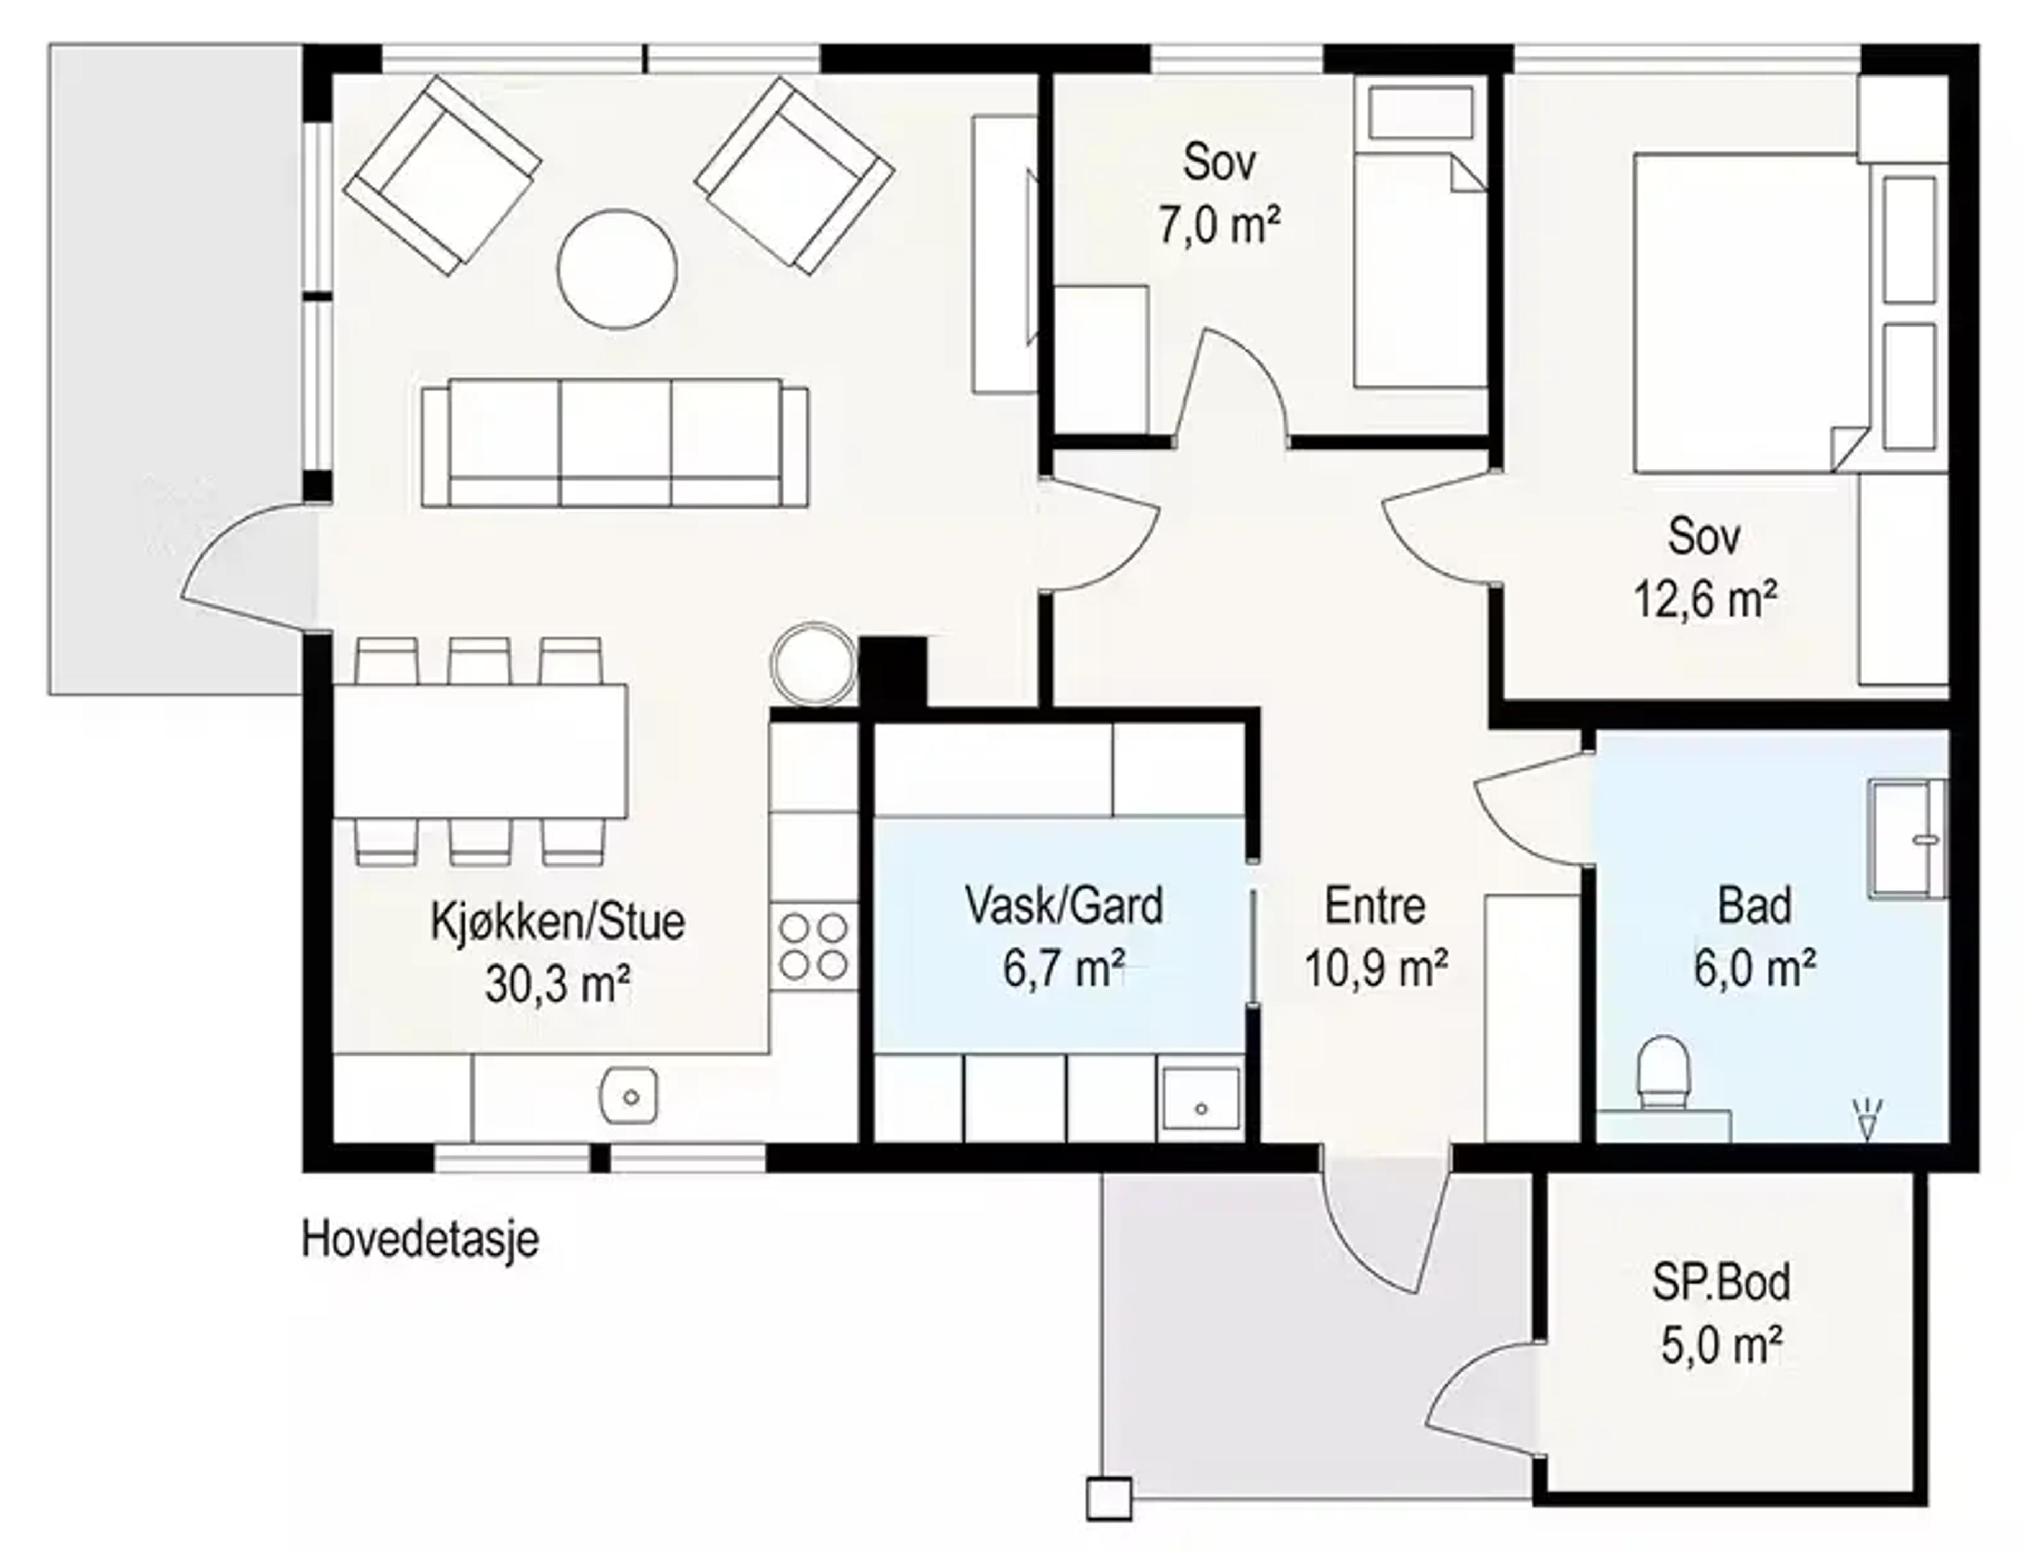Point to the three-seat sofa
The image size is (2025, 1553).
click(614, 443)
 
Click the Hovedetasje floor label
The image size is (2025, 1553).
click(420, 1240)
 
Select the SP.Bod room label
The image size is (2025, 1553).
click(1720, 1282)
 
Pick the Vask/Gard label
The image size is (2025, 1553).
click(1064, 906)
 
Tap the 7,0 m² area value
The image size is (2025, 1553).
click(1220, 225)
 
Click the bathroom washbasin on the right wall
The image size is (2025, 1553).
click(1907, 838)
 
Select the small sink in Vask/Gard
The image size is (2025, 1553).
click(1200, 1098)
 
